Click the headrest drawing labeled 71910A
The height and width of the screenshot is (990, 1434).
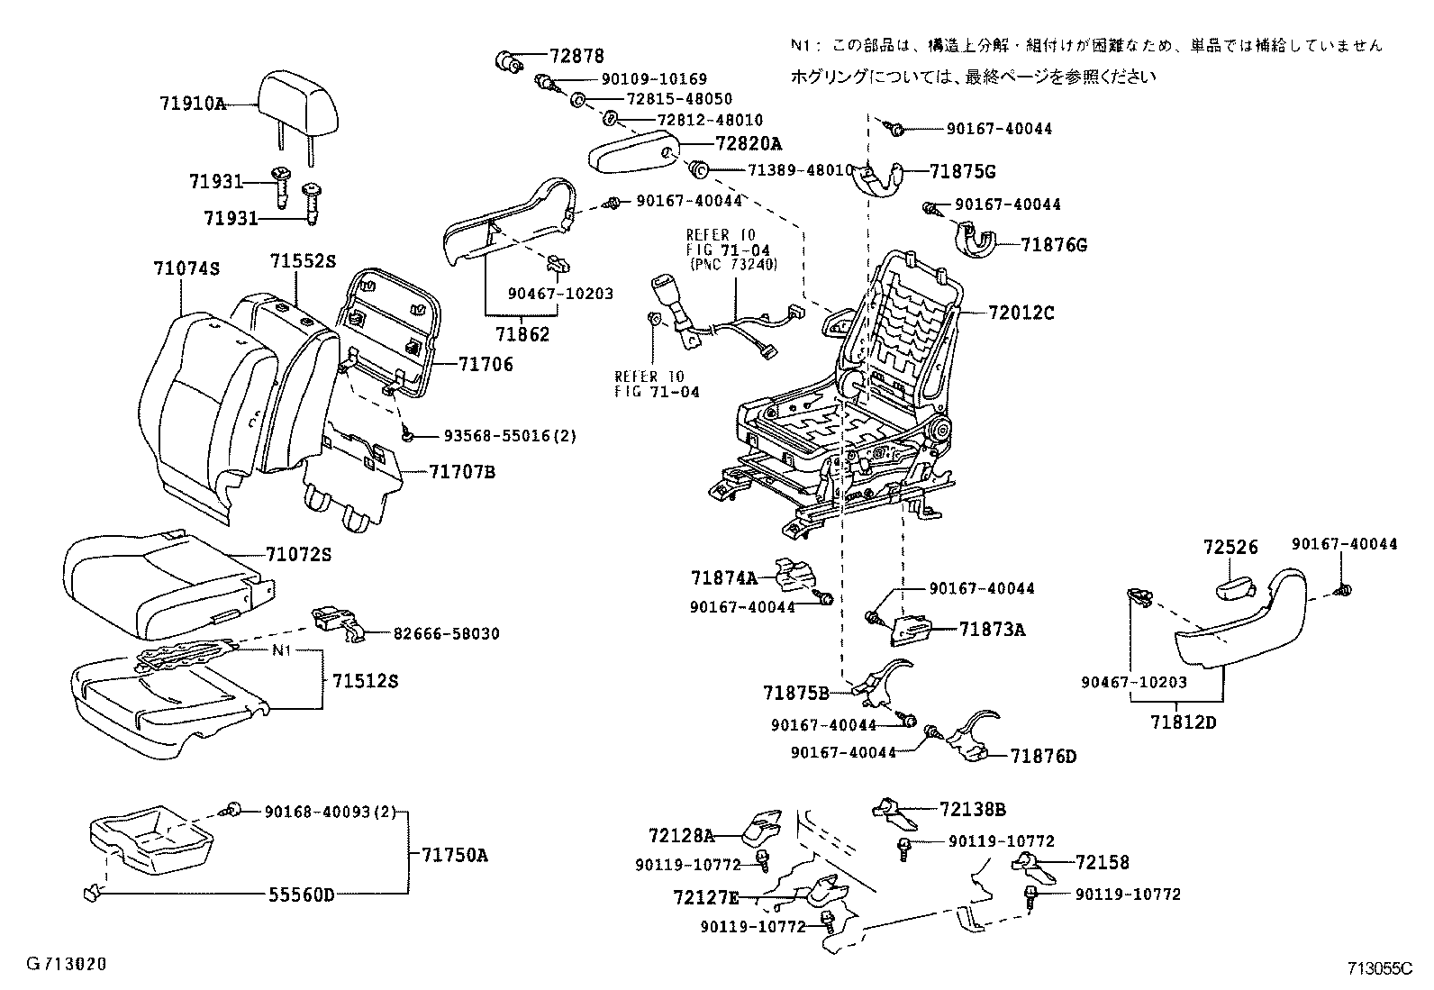coord(301,101)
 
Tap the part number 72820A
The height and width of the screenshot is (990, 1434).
coord(749,144)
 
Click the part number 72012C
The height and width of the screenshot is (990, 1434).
coord(1021,313)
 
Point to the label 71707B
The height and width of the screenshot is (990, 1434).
coord(462,472)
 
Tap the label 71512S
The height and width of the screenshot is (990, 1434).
coord(365,681)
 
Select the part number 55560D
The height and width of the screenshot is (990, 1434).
coord(301,895)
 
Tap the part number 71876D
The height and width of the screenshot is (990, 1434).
coord(1043,757)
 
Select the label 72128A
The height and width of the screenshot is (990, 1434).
coord(680,836)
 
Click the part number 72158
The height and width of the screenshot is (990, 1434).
coord(1102,863)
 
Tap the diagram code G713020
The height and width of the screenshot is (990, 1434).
coord(67,964)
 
